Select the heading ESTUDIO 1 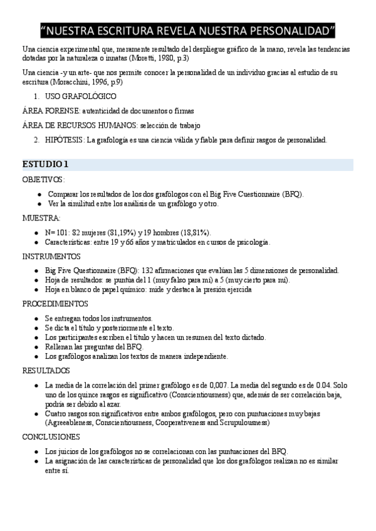[x=45, y=165]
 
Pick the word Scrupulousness [x=242, y=423]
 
